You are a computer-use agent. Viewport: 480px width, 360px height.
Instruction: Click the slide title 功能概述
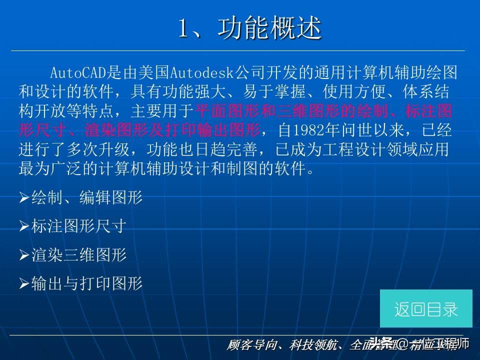(269, 29)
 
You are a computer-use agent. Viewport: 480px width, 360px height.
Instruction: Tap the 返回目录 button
(426, 309)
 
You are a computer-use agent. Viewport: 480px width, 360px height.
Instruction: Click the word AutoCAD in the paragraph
(79, 73)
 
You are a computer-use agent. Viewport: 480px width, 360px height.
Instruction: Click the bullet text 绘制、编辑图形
(86, 198)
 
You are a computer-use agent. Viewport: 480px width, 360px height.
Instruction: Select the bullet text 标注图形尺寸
(78, 226)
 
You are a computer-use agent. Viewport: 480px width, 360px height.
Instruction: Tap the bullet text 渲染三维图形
(78, 255)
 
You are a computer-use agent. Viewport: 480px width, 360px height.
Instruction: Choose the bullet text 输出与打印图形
(86, 284)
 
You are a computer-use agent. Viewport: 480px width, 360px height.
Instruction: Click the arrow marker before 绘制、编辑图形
(24, 198)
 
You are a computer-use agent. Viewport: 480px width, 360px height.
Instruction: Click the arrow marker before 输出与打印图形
(24, 284)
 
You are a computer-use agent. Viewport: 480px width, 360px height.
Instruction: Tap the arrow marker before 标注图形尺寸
(24, 227)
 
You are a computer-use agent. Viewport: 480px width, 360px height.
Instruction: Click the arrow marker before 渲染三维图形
(24, 256)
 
